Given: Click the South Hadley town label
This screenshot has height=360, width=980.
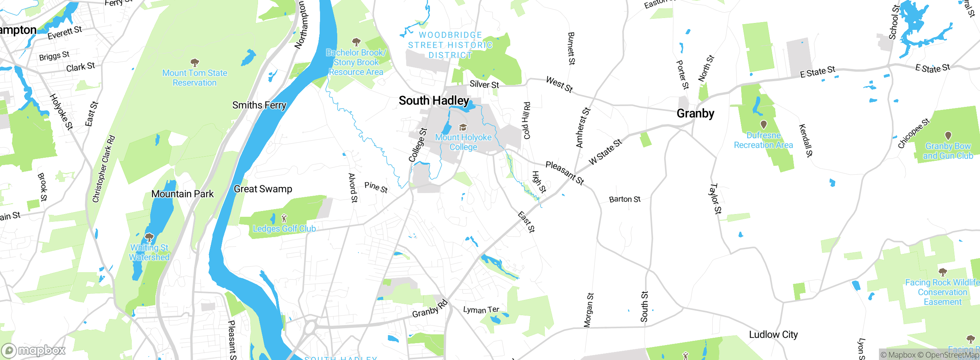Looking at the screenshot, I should click(x=434, y=101).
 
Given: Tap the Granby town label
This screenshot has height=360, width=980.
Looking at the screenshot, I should click(x=695, y=114).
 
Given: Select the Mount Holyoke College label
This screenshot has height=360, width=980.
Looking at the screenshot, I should click(x=463, y=142).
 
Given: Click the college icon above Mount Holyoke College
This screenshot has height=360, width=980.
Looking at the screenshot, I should click(x=463, y=128).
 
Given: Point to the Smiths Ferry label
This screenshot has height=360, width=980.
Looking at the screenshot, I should click(x=259, y=105).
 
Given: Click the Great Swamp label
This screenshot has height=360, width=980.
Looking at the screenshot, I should click(x=263, y=189).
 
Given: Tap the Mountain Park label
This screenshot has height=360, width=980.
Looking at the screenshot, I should click(x=183, y=194).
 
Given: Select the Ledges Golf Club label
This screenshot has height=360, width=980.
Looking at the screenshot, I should click(x=284, y=229).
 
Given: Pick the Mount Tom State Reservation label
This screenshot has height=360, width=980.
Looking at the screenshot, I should click(x=194, y=78).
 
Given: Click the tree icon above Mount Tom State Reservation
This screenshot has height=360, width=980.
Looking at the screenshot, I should click(x=195, y=62).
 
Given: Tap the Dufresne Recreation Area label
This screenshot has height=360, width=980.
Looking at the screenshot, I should click(x=763, y=140).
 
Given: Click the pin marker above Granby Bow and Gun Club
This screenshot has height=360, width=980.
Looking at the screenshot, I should click(x=948, y=136).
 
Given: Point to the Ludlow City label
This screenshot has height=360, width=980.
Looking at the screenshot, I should click(x=773, y=335).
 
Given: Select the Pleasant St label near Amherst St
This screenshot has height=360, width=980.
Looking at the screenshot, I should click(x=565, y=173).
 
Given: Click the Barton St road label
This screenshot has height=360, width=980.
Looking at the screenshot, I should click(x=625, y=200).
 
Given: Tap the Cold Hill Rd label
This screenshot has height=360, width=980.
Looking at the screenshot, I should click(x=527, y=121).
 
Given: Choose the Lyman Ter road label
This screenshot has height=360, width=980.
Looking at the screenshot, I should click(x=481, y=310).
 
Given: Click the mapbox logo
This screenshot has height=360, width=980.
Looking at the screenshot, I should click(x=34, y=350).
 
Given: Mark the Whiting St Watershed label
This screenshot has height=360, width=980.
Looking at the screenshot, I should click(x=149, y=252).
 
